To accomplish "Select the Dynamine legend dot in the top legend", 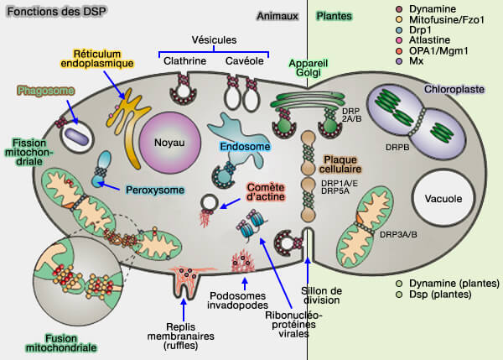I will point(400,8).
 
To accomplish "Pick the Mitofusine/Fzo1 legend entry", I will point(445,21).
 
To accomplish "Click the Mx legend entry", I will point(417,61).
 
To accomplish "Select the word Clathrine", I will point(179,59).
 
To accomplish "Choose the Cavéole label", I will point(245,59).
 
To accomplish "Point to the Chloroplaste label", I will point(453,88).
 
